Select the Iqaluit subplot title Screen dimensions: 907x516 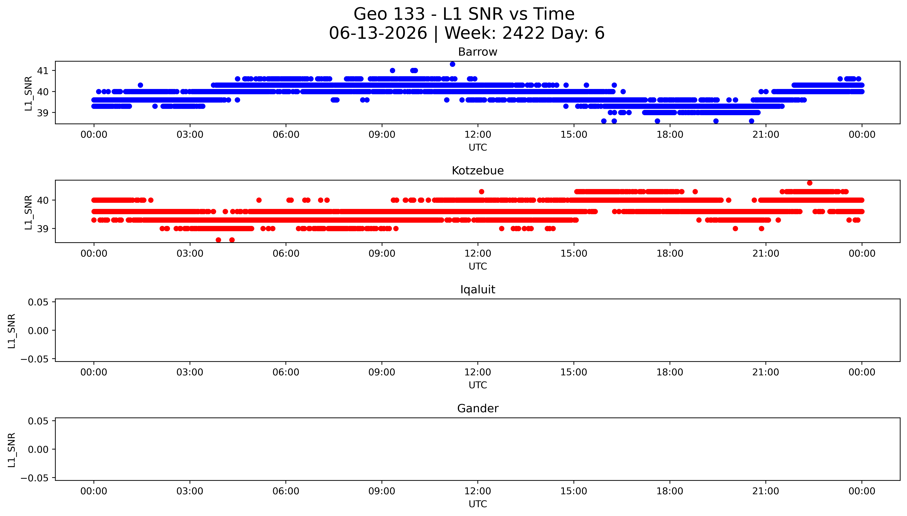pyautogui.click(x=477, y=290)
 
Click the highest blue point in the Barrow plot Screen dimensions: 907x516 pyautogui.click(x=452, y=64)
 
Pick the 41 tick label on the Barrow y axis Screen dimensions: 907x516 pyautogui.click(x=43, y=71)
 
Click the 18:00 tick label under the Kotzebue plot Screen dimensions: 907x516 pyautogui.click(x=670, y=253)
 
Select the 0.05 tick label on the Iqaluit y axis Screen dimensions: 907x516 pyautogui.click(x=38, y=302)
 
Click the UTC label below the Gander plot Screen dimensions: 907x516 pyautogui.click(x=477, y=504)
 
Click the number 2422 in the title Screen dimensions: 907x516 pyautogui.click(x=524, y=33)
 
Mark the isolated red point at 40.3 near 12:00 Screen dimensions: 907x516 pyautogui.click(x=481, y=192)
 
